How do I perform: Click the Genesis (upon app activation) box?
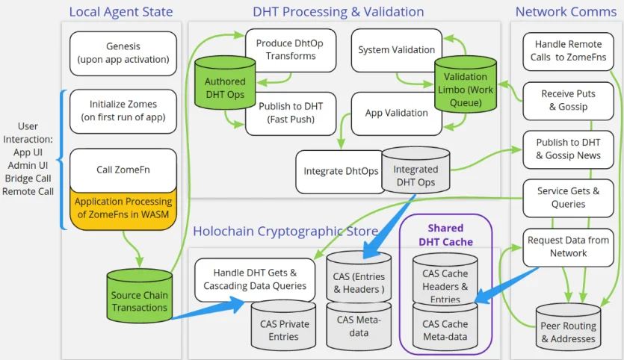click(x=123, y=53)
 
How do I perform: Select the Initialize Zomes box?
click(x=123, y=111)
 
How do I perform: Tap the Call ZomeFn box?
click(x=123, y=169)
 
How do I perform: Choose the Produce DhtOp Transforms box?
click(x=290, y=49)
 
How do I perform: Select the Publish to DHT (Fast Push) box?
click(x=290, y=113)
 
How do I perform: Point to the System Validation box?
click(x=396, y=50)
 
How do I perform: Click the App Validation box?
click(x=396, y=114)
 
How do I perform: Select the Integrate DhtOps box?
click(x=341, y=171)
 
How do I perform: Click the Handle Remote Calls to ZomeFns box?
click(x=568, y=51)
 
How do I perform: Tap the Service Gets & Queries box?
click(x=568, y=197)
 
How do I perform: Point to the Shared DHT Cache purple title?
click(x=445, y=235)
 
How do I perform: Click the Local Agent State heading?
click(x=121, y=11)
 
